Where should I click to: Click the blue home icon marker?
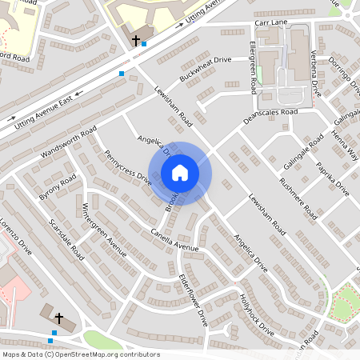pyautogui.click(x=180, y=173)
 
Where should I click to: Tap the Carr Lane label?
pyautogui.click(x=270, y=23)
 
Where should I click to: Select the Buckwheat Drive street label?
pyautogui.click(x=205, y=70)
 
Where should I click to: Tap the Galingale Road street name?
pyautogui.click(x=304, y=151)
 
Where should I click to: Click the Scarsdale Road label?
pyautogui.click(x=66, y=239)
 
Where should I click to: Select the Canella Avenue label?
pyautogui.click(x=174, y=240)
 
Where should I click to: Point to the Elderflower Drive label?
pyautogui.click(x=194, y=299)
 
